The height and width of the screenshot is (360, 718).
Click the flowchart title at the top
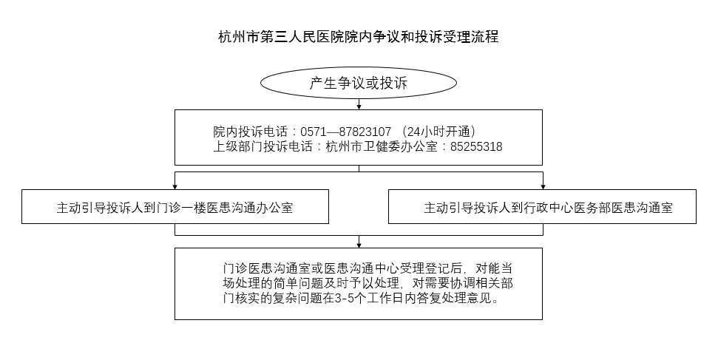point(359,37)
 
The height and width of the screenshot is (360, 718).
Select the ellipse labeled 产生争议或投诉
point(359,83)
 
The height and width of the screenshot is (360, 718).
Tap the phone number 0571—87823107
point(346,132)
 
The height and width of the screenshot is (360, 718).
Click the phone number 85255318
point(476,146)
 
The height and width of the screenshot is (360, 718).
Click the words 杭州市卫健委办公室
point(382,146)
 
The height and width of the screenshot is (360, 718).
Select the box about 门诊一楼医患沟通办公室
point(175,206)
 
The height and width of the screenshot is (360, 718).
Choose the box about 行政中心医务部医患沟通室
point(542,206)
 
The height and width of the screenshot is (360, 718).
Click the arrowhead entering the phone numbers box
point(359,106)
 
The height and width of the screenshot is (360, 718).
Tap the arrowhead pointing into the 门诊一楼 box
point(175,187)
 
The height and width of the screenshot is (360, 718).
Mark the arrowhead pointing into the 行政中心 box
point(543,187)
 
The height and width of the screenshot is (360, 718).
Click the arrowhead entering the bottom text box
point(359,245)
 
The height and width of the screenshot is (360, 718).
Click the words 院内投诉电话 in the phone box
point(251,132)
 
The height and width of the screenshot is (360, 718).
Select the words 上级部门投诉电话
point(263,146)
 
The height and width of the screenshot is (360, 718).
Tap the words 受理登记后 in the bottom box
point(433,268)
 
